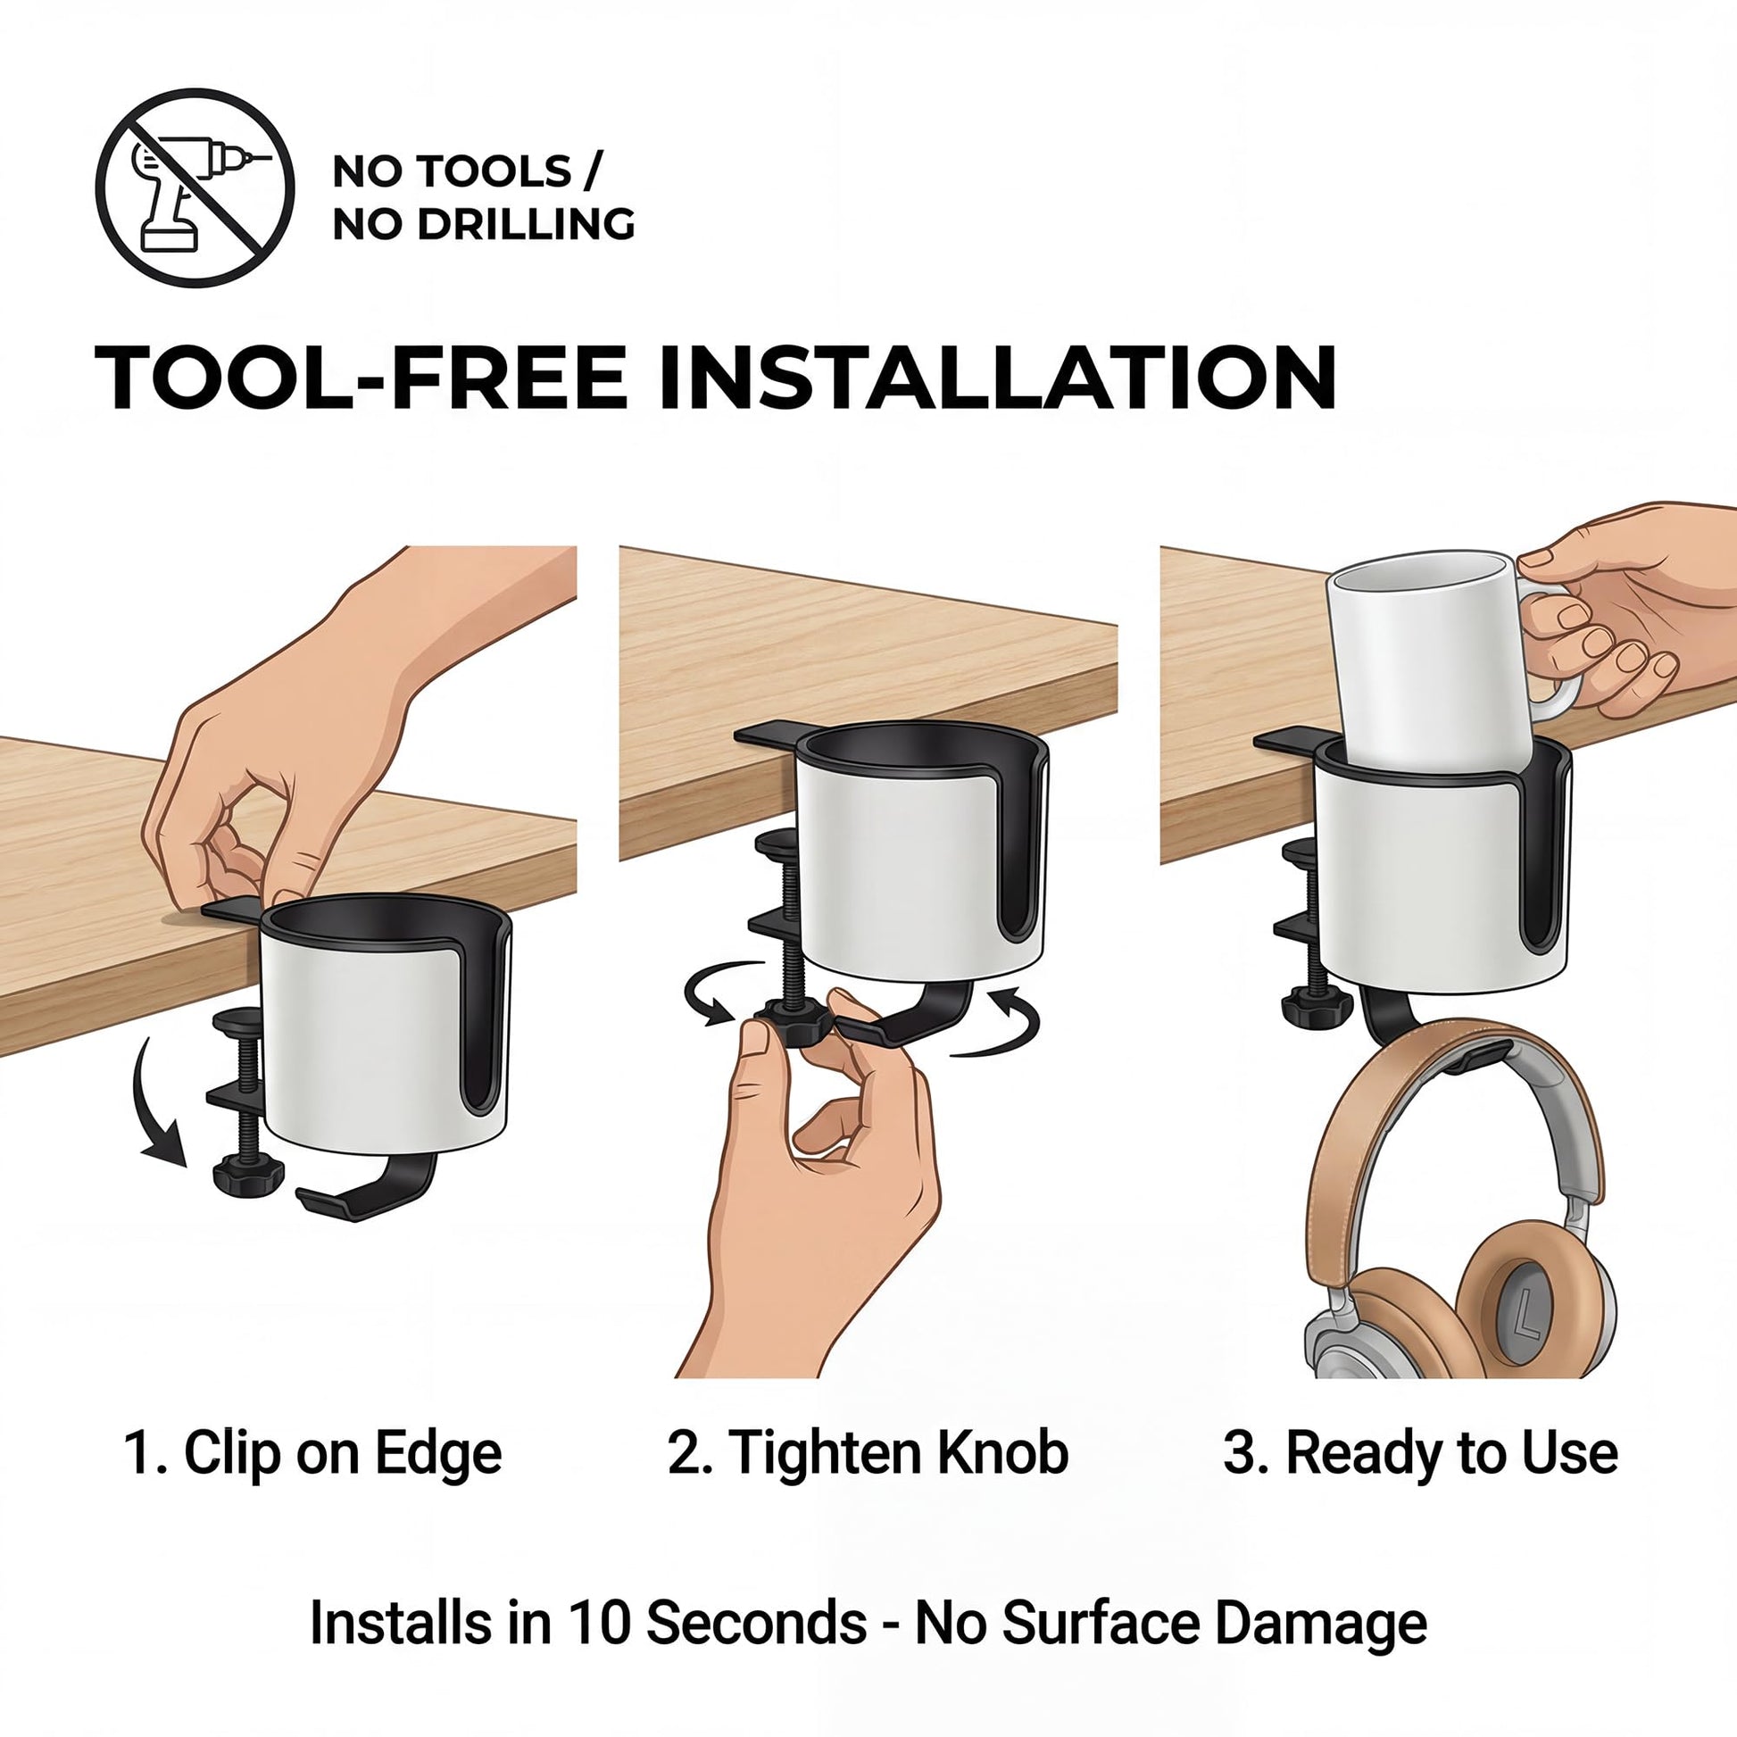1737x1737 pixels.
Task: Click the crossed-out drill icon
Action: [195, 188]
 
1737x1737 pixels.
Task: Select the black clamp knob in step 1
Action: [248, 1170]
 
